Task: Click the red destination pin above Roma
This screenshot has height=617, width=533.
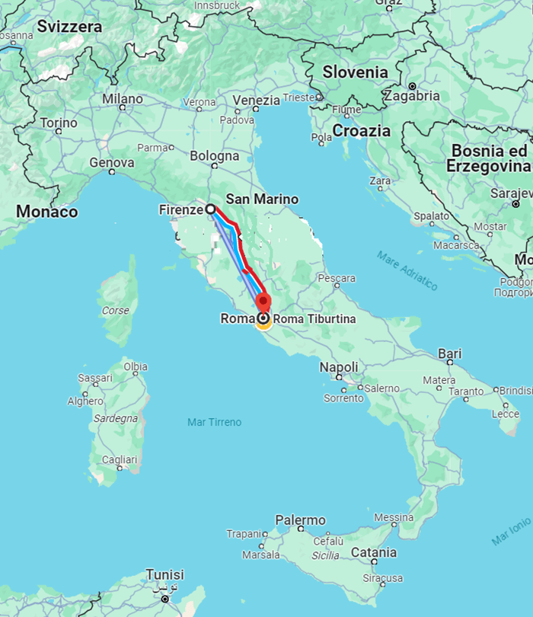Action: point(263,302)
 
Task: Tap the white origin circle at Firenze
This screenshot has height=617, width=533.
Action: point(210,209)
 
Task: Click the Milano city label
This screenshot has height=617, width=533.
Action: point(123,99)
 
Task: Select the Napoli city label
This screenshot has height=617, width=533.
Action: point(339,367)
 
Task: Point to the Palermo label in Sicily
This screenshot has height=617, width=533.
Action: point(300,520)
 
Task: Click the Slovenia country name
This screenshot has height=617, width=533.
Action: point(355,72)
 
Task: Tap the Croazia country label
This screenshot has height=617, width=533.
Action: point(361,131)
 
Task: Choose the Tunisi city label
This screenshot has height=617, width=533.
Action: point(164,574)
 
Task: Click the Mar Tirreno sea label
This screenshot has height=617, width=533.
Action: point(214,422)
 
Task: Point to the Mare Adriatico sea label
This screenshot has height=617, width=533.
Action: point(407,270)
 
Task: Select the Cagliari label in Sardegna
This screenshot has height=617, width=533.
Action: point(120,459)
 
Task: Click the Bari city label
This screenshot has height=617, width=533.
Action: point(450,353)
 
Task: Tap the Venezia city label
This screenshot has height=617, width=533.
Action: point(257,101)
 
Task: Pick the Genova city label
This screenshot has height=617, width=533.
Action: point(112,162)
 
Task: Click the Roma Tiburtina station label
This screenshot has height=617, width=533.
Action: point(314,319)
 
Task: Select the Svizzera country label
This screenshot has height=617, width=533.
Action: point(69,27)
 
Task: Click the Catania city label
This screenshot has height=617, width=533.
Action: point(374,552)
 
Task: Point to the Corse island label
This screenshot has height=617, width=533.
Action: point(116,311)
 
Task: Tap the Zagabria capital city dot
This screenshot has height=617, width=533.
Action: point(412,86)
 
